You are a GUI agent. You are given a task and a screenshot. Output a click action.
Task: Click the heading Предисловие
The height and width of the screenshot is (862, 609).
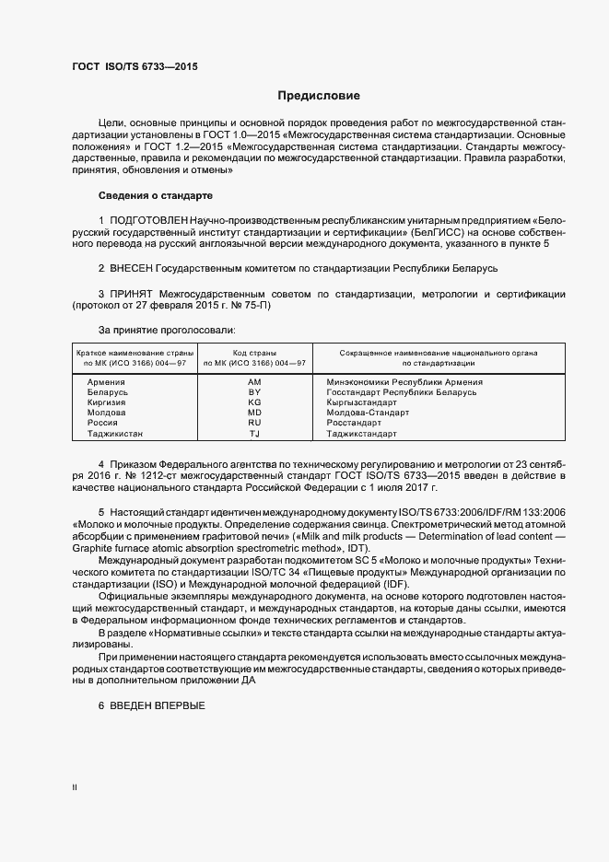click(x=319, y=96)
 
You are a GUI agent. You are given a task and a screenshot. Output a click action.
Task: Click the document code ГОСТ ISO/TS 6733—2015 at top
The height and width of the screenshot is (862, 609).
click(x=135, y=67)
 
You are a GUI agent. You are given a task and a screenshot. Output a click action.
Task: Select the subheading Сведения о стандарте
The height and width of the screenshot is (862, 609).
click(x=155, y=196)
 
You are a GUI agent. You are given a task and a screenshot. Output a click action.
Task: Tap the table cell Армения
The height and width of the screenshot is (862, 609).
click(x=106, y=381)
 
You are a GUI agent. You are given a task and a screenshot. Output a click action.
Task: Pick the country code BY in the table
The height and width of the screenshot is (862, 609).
click(x=255, y=391)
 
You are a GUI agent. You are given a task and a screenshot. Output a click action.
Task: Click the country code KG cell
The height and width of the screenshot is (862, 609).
click(x=255, y=402)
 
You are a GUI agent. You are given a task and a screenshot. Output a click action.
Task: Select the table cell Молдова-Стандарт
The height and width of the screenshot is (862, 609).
click(x=369, y=413)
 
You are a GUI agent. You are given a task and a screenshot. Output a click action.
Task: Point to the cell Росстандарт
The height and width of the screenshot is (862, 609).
click(x=357, y=423)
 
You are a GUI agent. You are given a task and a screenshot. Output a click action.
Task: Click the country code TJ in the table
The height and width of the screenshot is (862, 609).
click(x=255, y=434)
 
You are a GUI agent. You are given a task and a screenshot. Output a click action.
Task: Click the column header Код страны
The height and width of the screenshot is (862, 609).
click(x=255, y=353)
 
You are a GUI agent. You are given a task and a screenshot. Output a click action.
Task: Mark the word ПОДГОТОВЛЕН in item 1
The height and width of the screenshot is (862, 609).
click(x=148, y=221)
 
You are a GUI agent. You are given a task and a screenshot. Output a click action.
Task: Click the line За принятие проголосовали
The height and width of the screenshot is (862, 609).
click(x=166, y=329)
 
